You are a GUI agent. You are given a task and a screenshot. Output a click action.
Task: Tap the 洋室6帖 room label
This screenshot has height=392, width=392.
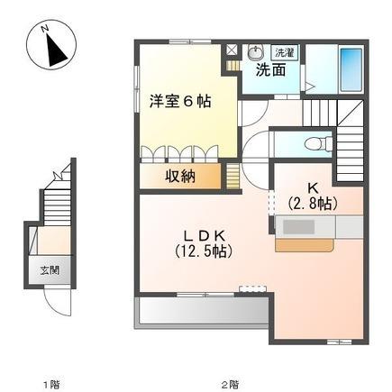[x=180, y=102]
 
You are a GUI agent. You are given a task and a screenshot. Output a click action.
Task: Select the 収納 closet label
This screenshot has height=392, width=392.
[x=180, y=176]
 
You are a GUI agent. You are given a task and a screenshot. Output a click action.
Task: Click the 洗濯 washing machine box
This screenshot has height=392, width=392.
[x=284, y=53]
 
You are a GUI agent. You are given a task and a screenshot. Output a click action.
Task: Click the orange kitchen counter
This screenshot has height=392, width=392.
[x=301, y=242]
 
